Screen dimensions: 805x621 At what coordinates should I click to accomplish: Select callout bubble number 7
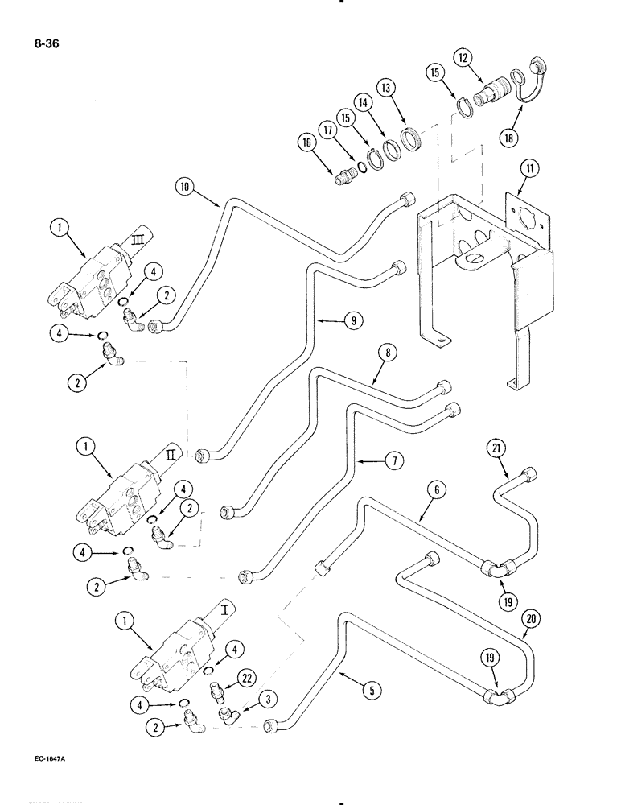pyautogui.click(x=394, y=461)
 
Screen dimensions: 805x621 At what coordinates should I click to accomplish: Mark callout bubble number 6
pyautogui.click(x=436, y=488)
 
